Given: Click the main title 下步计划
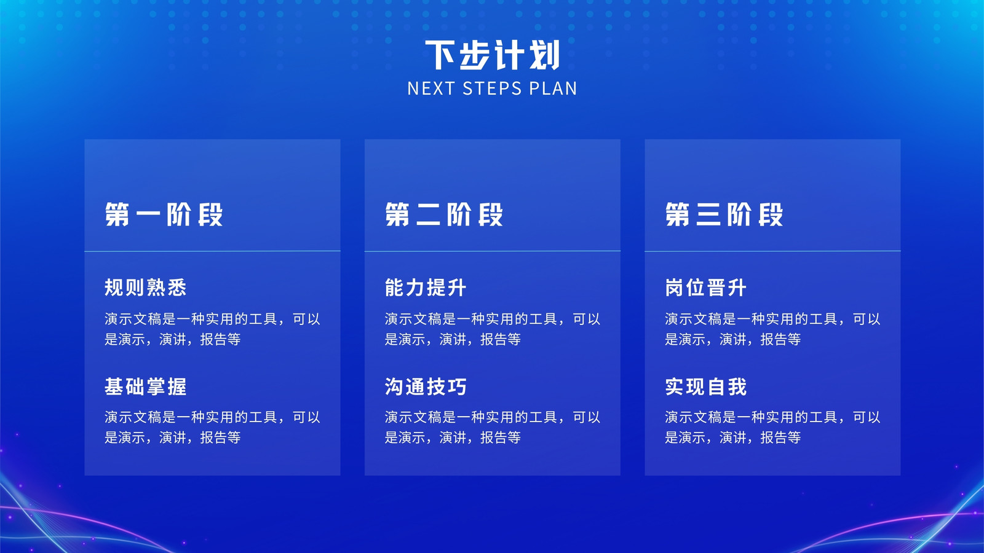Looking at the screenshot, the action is coord(492,55).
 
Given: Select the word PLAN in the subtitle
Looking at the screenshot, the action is coord(553,88).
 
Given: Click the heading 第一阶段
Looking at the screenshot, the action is coord(164,214).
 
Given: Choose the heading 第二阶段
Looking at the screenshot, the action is coord(443,214).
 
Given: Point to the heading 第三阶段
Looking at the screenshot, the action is coord(724,214).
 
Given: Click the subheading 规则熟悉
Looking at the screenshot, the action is coord(145,288).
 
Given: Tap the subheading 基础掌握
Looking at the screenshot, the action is coord(145,386).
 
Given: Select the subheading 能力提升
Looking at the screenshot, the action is coord(425,288).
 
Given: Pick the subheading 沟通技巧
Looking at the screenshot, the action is coord(425,386).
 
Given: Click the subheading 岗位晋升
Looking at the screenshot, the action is coord(705,288).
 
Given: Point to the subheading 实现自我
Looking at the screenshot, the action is coord(705,386).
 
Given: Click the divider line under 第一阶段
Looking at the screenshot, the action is coord(212,251).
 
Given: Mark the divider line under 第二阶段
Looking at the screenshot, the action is coord(493,251).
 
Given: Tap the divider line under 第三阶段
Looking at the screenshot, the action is coord(772,251).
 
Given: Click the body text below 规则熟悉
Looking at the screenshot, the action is coord(212,329).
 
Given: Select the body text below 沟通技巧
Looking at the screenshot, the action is coord(493,427).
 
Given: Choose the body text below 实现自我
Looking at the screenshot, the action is coord(772,427).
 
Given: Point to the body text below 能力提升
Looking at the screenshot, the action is coord(493,329).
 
